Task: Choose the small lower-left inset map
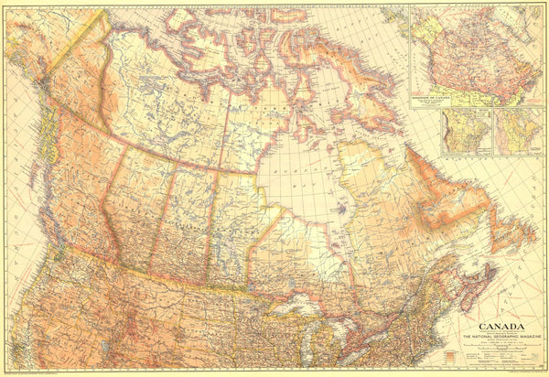pyautogui.click(x=465, y=132)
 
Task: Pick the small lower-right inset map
pyautogui.click(x=518, y=132)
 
